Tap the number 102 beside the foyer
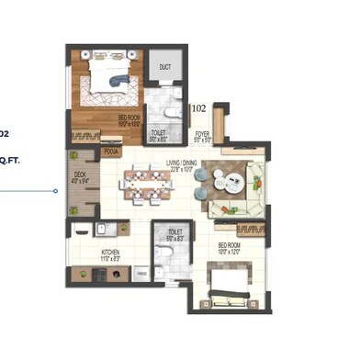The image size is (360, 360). pyautogui.click(x=198, y=108)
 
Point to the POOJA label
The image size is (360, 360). pyautogui.click(x=112, y=151)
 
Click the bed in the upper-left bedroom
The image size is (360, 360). pyautogui.click(x=108, y=78)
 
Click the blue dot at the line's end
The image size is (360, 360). pyautogui.click(x=55, y=191)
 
